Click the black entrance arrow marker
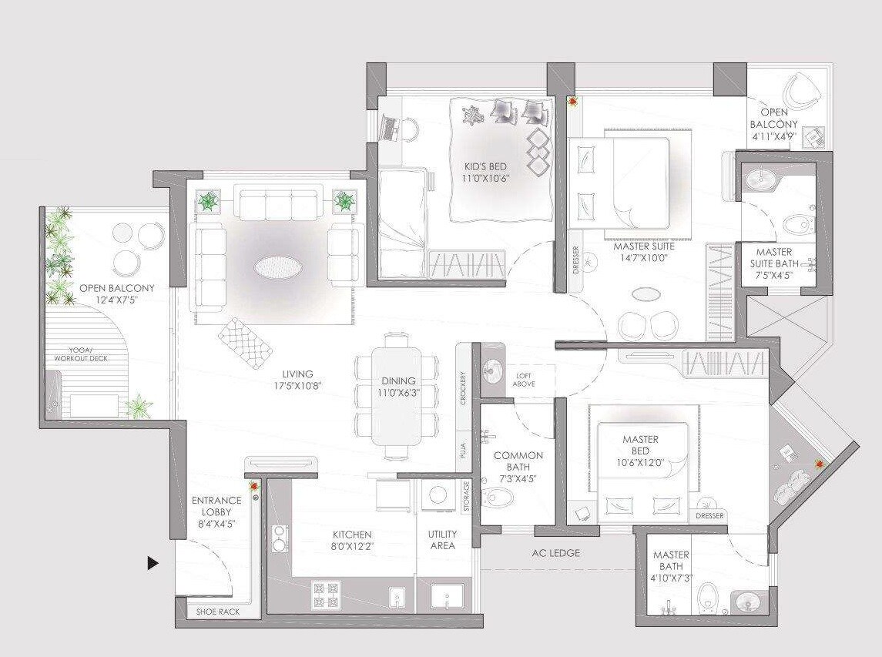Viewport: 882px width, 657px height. click(153, 564)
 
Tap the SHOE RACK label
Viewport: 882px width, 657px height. click(218, 612)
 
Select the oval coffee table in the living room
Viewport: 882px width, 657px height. click(278, 267)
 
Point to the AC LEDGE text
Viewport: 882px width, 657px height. click(555, 553)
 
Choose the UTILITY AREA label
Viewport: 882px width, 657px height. click(442, 540)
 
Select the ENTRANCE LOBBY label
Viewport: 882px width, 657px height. click(216, 512)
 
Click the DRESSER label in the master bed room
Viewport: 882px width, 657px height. click(709, 516)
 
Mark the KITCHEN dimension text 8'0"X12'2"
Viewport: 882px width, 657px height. click(352, 546)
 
